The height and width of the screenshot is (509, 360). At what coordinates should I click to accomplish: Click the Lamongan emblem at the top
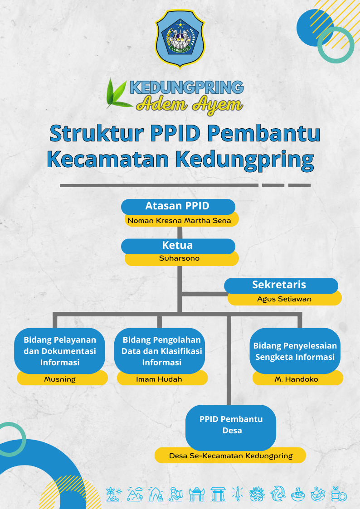pos(180,39)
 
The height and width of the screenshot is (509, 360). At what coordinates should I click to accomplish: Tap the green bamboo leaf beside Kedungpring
pos(117,94)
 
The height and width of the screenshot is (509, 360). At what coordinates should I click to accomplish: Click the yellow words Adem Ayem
pos(190,105)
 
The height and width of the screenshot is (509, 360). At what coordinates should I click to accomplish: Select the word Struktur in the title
pos(97,133)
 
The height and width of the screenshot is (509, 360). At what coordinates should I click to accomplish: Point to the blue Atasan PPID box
pos(178,207)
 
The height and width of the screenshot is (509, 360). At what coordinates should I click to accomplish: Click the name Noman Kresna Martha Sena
pos(179,221)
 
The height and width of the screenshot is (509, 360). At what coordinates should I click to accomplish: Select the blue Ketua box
pos(178,246)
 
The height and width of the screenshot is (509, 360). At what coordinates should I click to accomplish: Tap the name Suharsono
pos(179,258)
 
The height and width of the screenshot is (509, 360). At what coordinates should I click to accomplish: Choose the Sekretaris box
pos(281,286)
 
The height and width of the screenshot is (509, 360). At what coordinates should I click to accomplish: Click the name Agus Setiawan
pos(284,299)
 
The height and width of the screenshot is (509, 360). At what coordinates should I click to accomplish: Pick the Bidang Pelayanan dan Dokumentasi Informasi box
pos(59,351)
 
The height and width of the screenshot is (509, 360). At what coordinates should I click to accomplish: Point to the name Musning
pos(60,379)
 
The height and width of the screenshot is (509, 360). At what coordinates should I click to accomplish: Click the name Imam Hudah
pos(159,379)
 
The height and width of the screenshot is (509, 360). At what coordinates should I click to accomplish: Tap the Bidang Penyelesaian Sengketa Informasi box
pos(295,351)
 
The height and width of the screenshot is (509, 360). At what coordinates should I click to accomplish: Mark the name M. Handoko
pos(297,379)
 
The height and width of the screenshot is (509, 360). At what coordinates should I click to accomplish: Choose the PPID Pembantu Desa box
pos(231,427)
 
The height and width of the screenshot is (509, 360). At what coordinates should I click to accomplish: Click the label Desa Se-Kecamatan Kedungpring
pos(231,456)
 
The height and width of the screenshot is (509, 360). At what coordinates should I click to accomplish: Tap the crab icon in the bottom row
pos(257,494)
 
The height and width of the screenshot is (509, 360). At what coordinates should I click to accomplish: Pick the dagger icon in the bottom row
pos(238,494)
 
